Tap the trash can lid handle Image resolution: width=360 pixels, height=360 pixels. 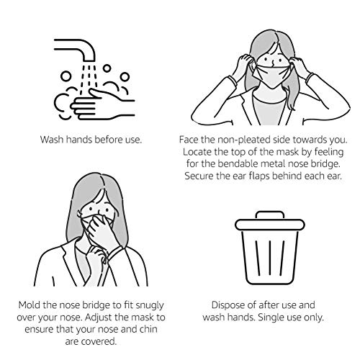270,214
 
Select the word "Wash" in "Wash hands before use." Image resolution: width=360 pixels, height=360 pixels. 52,140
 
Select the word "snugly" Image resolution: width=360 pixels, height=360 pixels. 150,305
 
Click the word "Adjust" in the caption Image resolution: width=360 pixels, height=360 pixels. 99,318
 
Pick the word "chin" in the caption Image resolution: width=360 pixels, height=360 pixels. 148,329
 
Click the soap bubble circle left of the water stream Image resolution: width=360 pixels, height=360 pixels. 66,77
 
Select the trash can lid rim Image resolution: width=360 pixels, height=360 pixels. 270,225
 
